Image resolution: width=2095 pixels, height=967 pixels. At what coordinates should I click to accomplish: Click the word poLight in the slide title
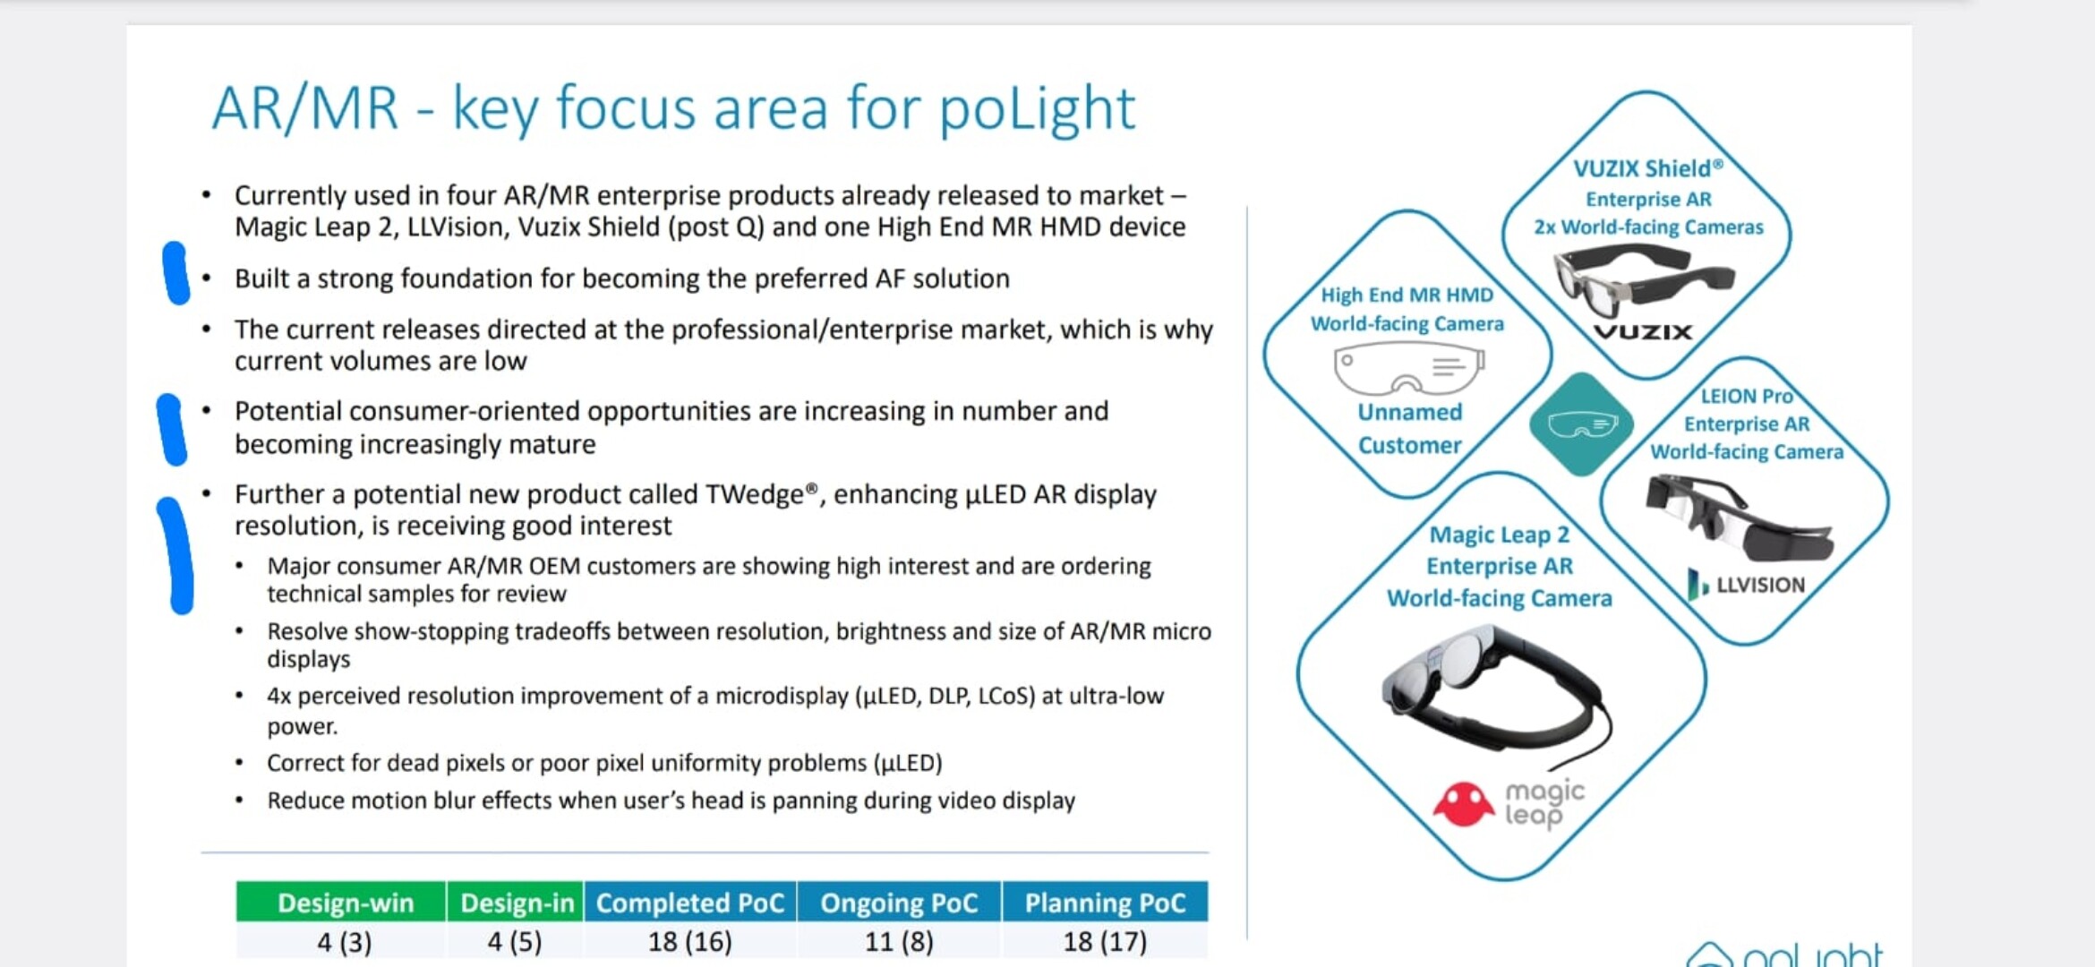click(x=1037, y=110)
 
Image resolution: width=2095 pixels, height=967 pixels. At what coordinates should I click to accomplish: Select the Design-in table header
click(x=515, y=902)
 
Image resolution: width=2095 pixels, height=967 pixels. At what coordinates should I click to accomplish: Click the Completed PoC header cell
click(x=690, y=902)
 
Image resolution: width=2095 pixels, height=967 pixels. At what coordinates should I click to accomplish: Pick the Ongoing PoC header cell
click(x=899, y=902)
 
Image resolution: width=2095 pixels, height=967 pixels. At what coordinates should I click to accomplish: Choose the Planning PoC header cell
click(x=1105, y=902)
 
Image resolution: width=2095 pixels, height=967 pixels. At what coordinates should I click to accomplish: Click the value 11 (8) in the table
click(x=899, y=942)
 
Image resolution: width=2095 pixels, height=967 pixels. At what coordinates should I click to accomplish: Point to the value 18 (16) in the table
click(x=690, y=942)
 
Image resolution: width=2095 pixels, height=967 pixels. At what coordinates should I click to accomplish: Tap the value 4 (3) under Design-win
click(x=345, y=942)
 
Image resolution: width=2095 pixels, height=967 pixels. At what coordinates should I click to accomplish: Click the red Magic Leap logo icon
click(x=1463, y=803)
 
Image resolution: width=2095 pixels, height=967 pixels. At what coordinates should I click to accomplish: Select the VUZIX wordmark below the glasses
click(x=1644, y=332)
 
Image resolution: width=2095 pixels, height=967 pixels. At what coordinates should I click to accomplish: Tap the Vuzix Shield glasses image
click(x=1644, y=278)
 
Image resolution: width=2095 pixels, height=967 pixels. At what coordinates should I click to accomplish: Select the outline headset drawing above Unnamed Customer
click(x=1408, y=370)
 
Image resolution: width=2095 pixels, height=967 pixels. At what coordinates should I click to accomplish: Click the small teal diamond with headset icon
click(x=1582, y=424)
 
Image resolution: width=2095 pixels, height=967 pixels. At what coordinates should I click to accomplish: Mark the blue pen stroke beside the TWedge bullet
click(x=177, y=555)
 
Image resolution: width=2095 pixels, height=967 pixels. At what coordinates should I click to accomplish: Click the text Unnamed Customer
click(x=1410, y=429)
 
